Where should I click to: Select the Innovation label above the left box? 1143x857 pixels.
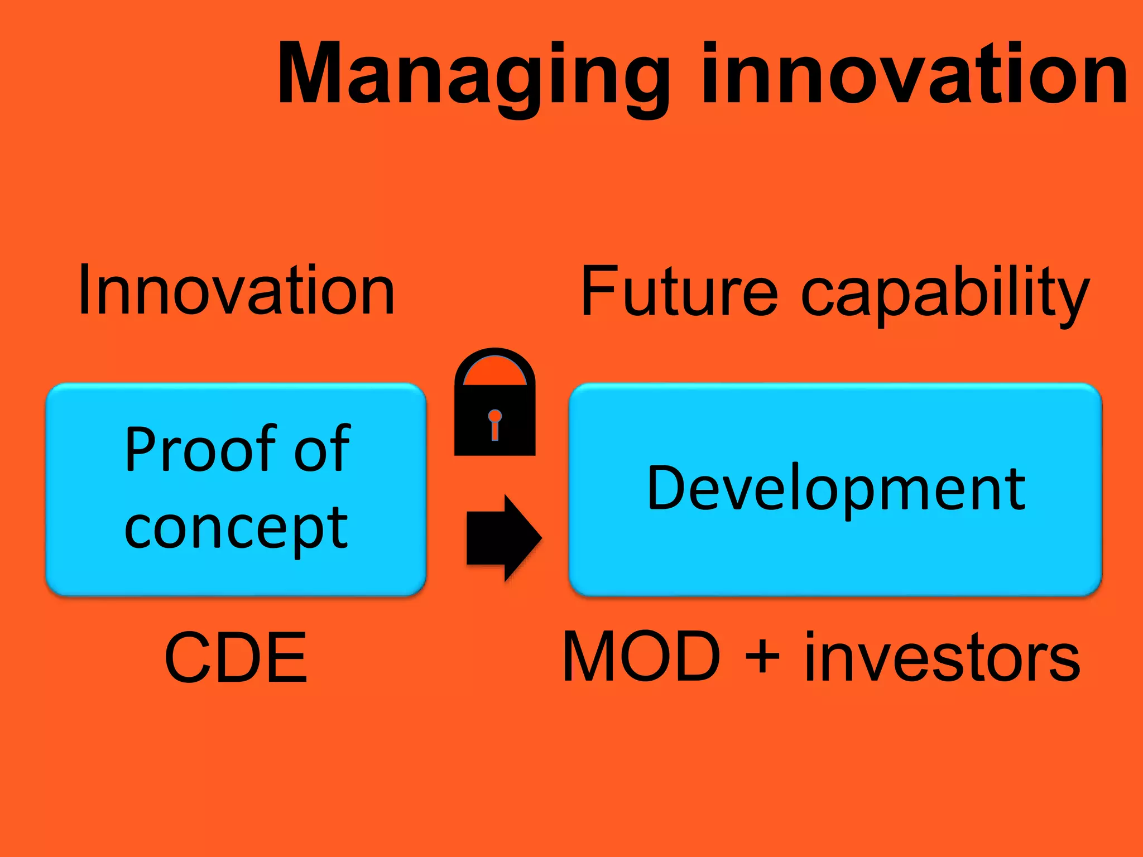click(x=237, y=291)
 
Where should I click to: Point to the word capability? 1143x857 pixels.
click(x=945, y=295)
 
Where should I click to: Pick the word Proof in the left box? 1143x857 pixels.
click(x=199, y=450)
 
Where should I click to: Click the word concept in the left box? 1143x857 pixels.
click(x=237, y=528)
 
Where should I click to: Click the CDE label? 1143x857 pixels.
click(x=236, y=658)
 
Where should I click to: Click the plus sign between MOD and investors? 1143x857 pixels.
click(x=762, y=658)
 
